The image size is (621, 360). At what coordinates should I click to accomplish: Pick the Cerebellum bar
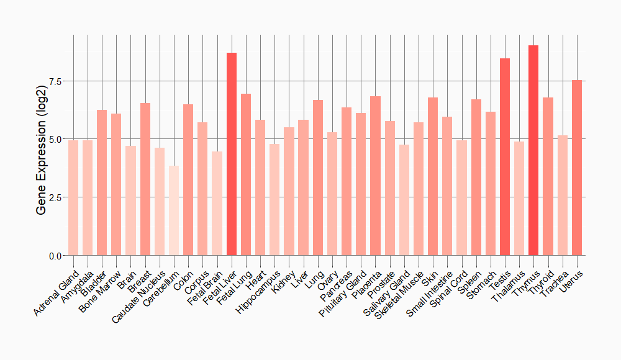pos(174,210)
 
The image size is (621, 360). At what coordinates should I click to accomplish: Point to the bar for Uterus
pos(577,168)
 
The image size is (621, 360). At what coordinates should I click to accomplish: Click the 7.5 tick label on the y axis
pos(55,81)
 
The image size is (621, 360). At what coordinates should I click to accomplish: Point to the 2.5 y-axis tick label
pos(55,197)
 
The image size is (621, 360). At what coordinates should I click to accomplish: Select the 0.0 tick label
pos(55,256)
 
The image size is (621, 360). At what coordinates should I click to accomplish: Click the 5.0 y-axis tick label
pos(55,140)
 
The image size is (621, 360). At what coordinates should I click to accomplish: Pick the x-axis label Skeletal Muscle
pos(400,293)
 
